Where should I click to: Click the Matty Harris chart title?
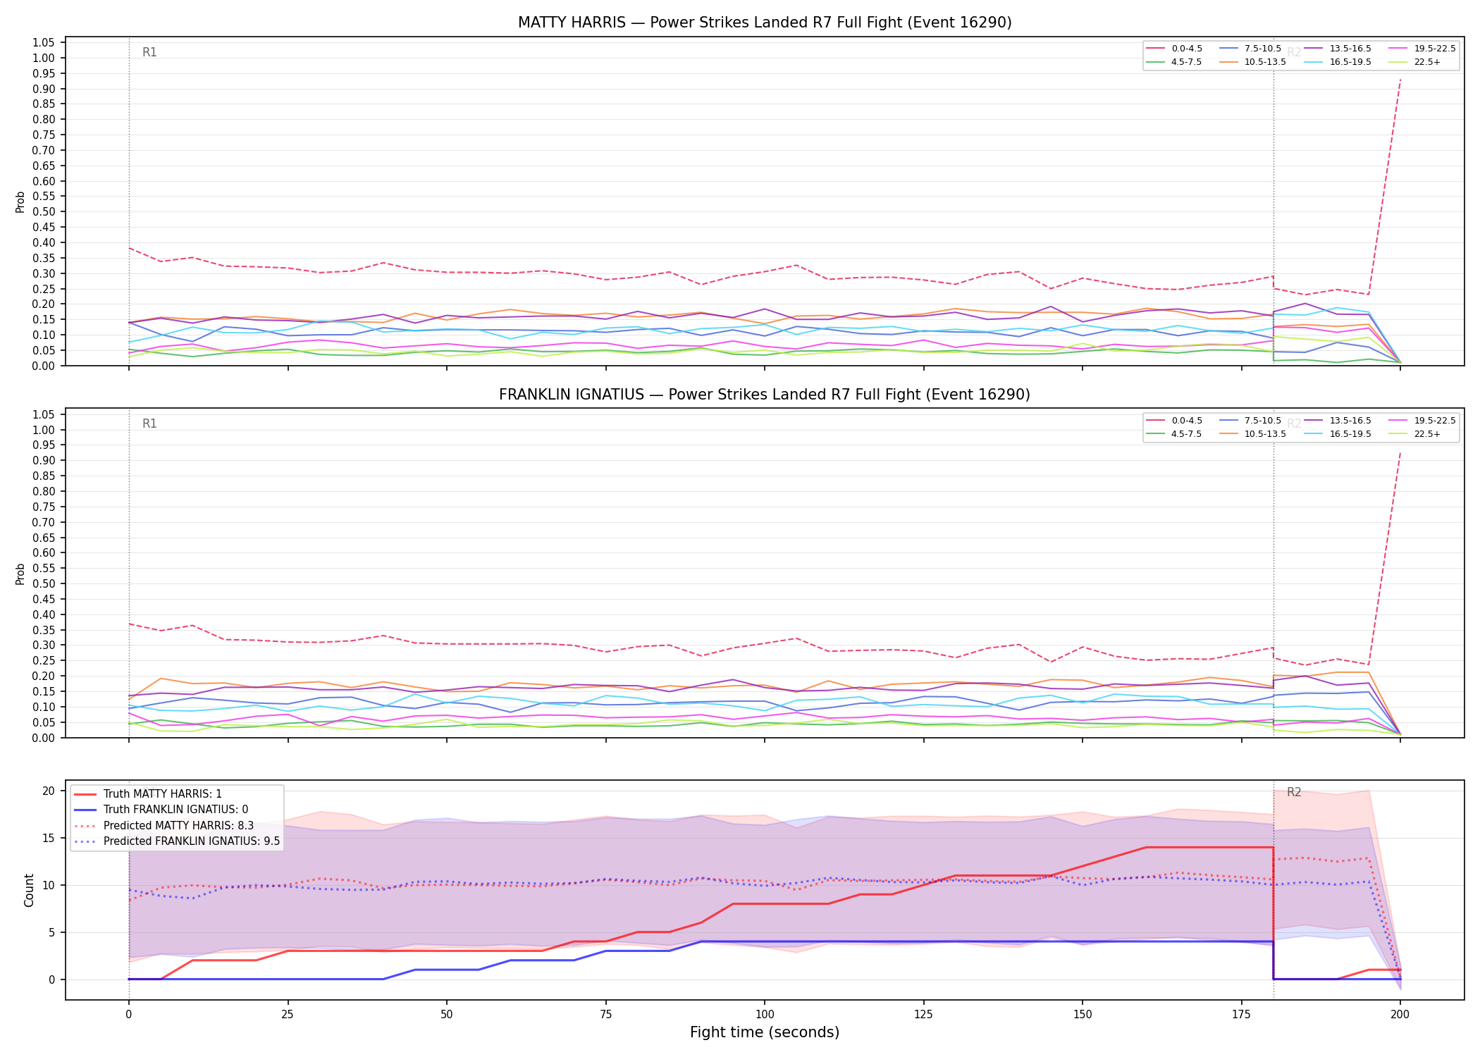click(x=765, y=23)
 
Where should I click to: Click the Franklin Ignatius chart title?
click(x=765, y=395)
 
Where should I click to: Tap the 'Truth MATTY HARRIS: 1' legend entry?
click(x=148, y=794)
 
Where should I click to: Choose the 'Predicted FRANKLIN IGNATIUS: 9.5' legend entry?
click(x=177, y=841)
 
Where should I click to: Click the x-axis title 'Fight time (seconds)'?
click(x=765, y=1032)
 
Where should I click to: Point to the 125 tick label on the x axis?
click(x=923, y=1015)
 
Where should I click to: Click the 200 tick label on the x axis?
click(x=1400, y=1015)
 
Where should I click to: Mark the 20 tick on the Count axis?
click(x=48, y=791)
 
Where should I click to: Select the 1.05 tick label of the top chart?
click(x=44, y=43)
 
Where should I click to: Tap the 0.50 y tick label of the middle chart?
click(x=44, y=583)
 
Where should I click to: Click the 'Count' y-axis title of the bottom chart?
click(x=29, y=890)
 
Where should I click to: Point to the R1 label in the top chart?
click(x=149, y=52)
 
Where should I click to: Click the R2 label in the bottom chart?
click(x=1294, y=792)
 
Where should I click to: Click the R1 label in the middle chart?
click(x=149, y=424)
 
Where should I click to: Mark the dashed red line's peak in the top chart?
click(x=1400, y=79)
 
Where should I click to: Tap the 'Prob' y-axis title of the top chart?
click(x=20, y=202)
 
